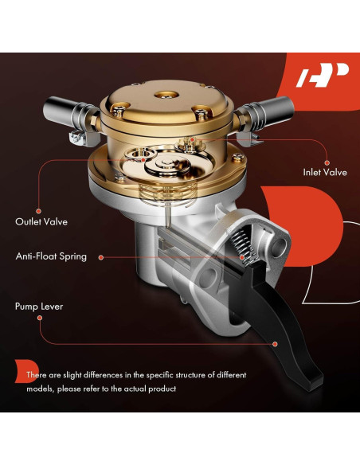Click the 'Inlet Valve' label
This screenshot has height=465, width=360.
click(x=324, y=171)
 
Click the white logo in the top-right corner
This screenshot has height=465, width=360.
click(x=323, y=77)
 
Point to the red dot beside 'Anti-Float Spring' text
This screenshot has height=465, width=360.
click(x=241, y=257)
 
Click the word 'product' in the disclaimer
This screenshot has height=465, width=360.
click(x=159, y=389)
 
